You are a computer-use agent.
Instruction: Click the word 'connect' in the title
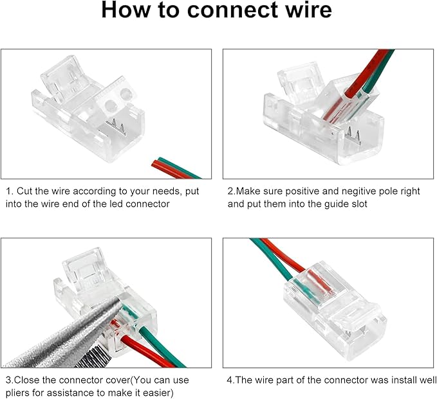coord(222,12)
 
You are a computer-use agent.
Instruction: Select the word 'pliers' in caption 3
coord(19,392)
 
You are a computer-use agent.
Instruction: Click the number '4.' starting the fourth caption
coord(230,380)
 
